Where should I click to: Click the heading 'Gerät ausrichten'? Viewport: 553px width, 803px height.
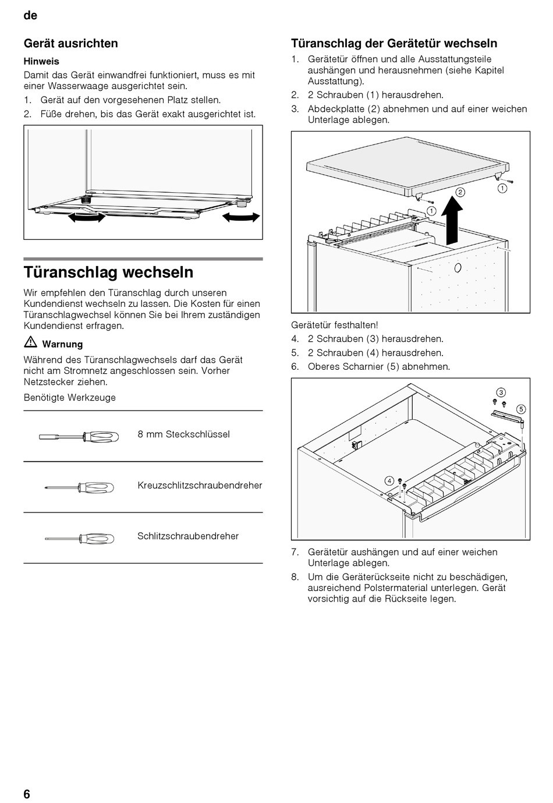point(70,44)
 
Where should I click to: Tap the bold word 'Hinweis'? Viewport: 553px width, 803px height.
point(41,61)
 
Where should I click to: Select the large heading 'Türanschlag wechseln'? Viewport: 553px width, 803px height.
point(108,273)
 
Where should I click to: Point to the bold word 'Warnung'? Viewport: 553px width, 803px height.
point(62,344)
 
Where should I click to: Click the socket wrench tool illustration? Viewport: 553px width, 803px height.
point(79,436)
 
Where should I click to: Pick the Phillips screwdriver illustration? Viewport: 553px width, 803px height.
point(79,487)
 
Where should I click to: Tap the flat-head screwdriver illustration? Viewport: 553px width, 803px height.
point(79,538)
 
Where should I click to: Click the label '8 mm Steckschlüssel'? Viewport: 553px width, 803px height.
point(183,434)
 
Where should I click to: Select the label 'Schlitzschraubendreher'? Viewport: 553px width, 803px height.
point(188,536)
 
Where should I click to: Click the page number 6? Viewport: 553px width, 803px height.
point(27,794)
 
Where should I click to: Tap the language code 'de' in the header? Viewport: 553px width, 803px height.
point(30,16)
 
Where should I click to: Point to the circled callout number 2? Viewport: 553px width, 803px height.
point(459,192)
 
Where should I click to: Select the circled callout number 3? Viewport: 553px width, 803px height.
point(500,392)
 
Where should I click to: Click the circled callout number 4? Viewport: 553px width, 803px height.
point(389,480)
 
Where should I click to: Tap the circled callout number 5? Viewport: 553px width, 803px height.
point(520,409)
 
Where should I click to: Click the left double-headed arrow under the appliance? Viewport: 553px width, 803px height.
point(87,218)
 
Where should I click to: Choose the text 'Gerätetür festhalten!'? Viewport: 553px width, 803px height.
point(334,325)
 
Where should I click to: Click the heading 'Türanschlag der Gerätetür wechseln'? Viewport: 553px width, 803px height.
point(394,44)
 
